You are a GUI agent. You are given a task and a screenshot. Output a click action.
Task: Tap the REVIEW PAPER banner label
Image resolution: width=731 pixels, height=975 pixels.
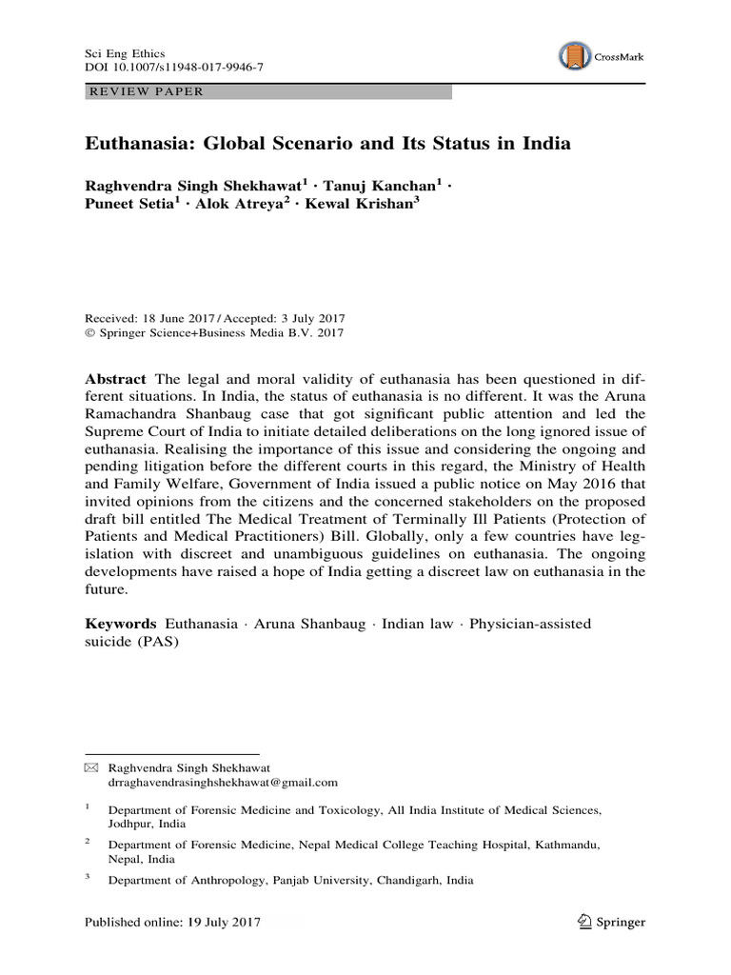click(x=145, y=92)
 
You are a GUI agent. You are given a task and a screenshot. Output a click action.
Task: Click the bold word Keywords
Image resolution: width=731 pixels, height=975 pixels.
click(x=120, y=624)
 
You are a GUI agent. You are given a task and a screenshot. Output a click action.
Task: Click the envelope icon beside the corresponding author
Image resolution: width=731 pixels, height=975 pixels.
click(x=91, y=766)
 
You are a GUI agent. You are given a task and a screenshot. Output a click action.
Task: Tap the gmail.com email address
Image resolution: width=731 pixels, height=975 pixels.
click(x=223, y=782)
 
